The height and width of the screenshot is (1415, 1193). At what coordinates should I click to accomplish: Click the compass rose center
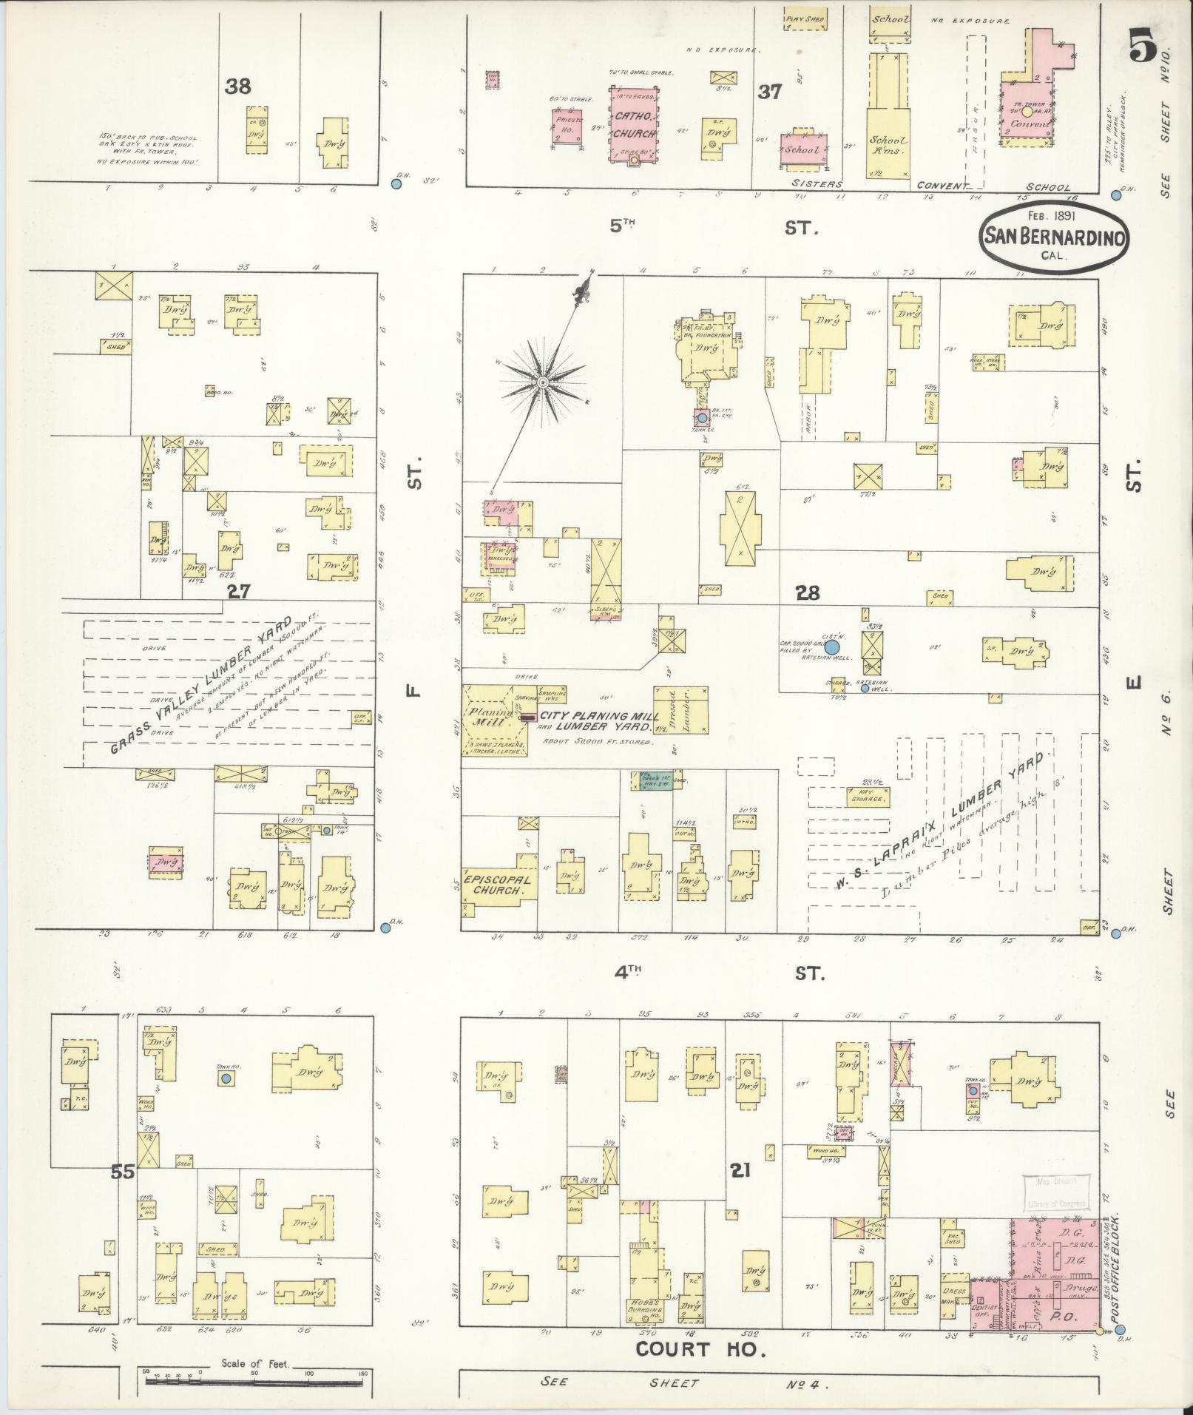(x=543, y=382)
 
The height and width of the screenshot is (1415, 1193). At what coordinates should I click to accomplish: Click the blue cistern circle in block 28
(x=832, y=647)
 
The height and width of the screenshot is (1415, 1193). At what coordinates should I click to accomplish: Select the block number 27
(x=240, y=591)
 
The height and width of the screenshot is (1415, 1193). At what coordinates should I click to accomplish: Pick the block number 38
(x=238, y=87)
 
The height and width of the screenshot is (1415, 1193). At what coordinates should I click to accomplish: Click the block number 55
(x=123, y=1192)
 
